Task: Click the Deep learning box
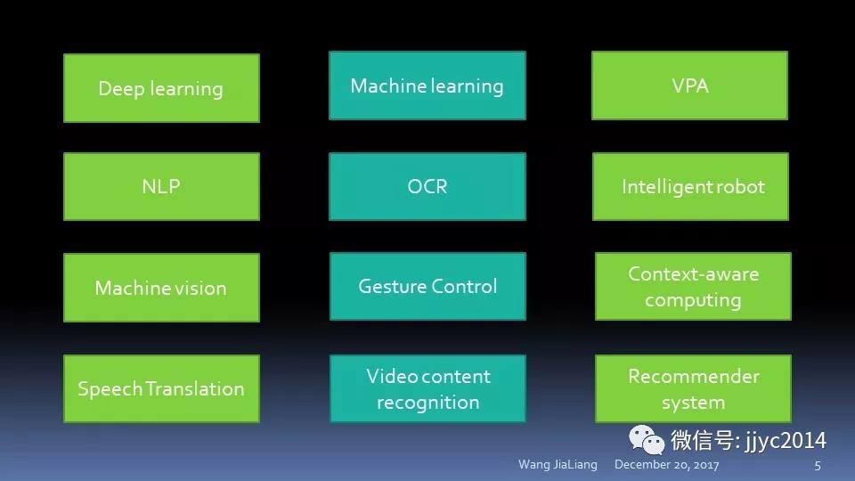(x=161, y=88)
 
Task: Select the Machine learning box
(x=427, y=86)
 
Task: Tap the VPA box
(x=690, y=86)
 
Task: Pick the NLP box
(x=161, y=187)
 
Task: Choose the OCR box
(x=427, y=187)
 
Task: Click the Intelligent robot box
(x=690, y=187)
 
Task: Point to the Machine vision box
(x=161, y=288)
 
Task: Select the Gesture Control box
(x=427, y=287)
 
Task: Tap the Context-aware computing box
(x=693, y=287)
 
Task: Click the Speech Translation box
(x=161, y=388)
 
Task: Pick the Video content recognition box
(x=427, y=388)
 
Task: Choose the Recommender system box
(x=693, y=388)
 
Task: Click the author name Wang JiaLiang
(x=558, y=465)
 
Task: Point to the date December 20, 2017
(x=666, y=465)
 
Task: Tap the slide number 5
(x=817, y=465)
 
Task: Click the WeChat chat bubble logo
(x=647, y=439)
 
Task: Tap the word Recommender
(x=693, y=376)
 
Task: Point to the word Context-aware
(x=693, y=274)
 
